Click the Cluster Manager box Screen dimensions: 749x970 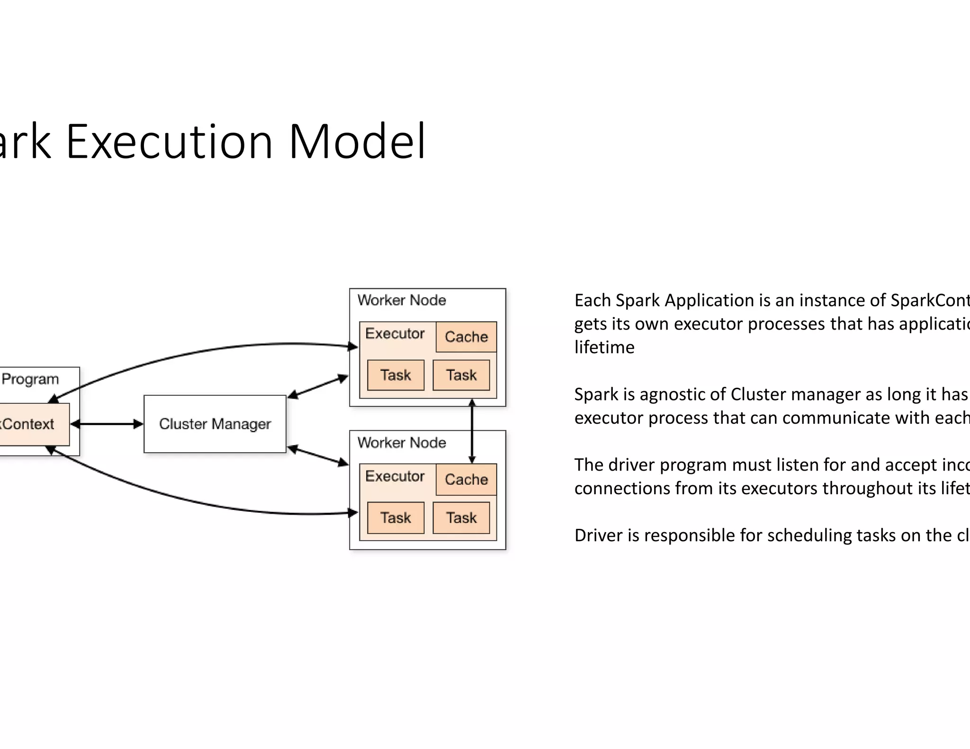point(215,424)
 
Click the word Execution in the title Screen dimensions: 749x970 point(169,142)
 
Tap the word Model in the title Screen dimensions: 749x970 point(357,142)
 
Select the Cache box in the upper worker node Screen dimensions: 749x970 point(466,337)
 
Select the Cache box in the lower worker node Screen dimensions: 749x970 point(466,479)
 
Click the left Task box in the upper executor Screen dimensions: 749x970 point(395,375)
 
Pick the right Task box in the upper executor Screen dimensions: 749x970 point(461,375)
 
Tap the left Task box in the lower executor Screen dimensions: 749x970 point(395,517)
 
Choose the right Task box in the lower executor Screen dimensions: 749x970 point(461,517)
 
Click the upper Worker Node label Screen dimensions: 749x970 point(402,300)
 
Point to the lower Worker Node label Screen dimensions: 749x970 point(402,443)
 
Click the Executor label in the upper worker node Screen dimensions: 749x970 point(395,333)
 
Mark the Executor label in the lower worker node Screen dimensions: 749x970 point(395,476)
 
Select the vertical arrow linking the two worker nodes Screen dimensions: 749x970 point(472,431)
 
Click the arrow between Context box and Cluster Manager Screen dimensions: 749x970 point(107,424)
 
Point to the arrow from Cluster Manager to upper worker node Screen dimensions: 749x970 point(318,386)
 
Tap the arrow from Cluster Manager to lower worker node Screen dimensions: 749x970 point(318,455)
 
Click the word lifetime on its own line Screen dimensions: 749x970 point(604,348)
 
